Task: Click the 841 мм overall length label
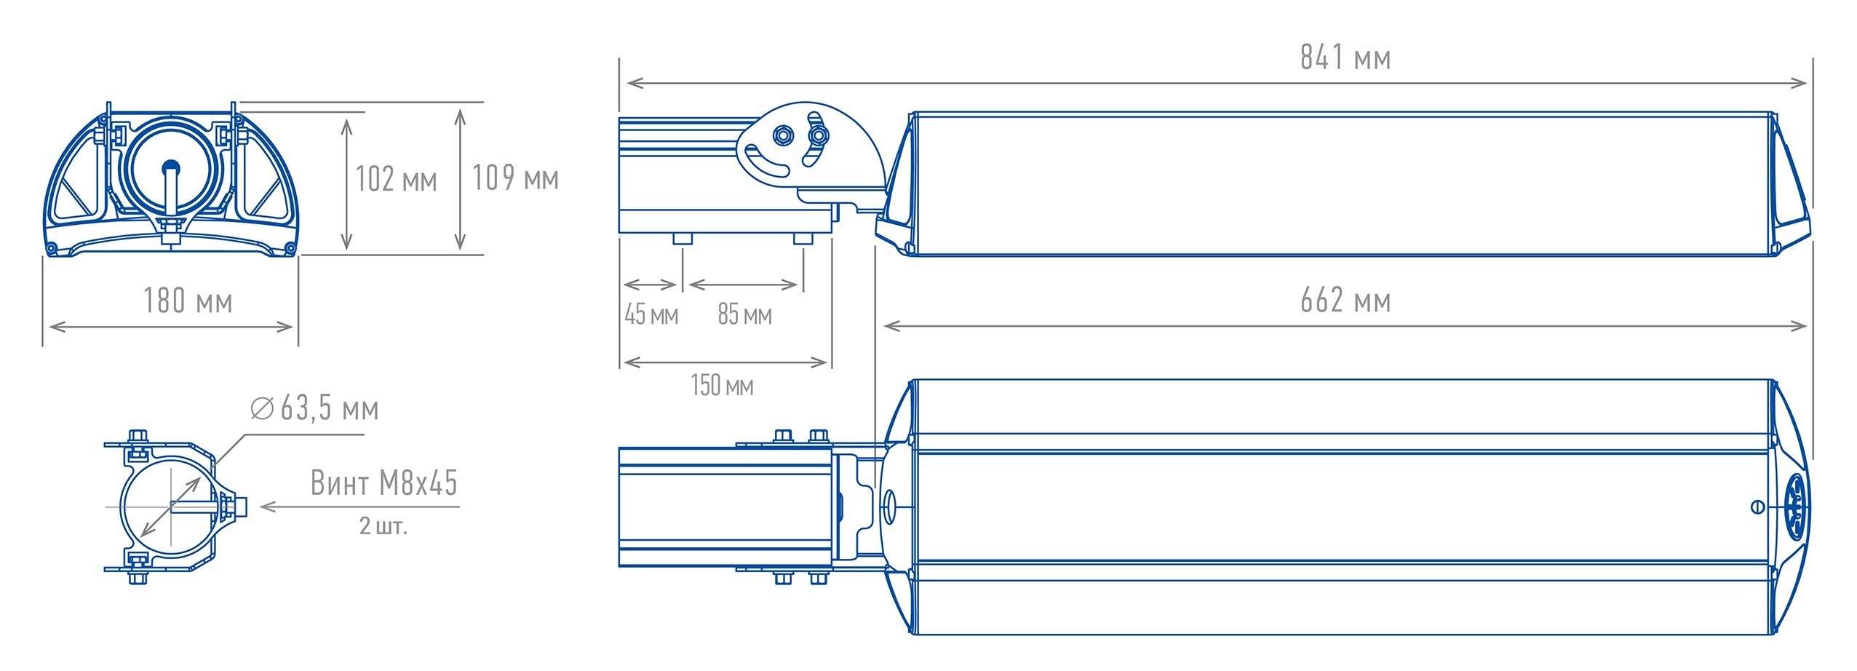(x=1345, y=57)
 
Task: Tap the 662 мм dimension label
(x=1345, y=300)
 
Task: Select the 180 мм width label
(x=188, y=301)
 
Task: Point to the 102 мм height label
(x=396, y=179)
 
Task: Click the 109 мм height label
(x=515, y=178)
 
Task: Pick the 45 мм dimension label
(x=651, y=314)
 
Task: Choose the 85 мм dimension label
(x=744, y=314)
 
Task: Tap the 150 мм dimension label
(x=722, y=385)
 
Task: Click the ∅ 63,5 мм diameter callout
(x=314, y=408)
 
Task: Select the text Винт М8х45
(x=384, y=483)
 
